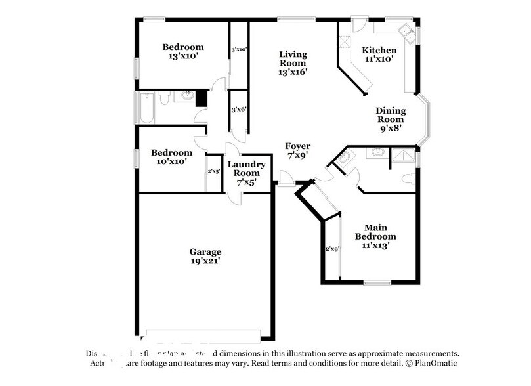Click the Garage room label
tap(205, 251)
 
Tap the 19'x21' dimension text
tap(205, 261)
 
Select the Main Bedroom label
tap(375, 231)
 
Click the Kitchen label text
tap(379, 50)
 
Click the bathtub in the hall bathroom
tap(146, 108)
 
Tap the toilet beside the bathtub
tap(165, 98)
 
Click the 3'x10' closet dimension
tap(238, 49)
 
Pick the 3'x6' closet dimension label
tap(238, 110)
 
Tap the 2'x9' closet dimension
tap(332, 249)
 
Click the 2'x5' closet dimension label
tap(213, 171)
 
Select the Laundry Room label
tap(246, 169)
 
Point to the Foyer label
tap(297, 146)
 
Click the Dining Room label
tap(391, 115)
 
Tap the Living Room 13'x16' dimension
tap(293, 72)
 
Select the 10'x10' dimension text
tap(171, 161)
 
